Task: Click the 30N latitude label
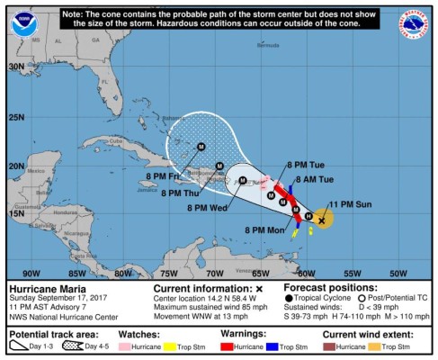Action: click(17, 67)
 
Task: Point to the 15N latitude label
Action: click(17, 213)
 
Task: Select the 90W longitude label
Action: click(31, 272)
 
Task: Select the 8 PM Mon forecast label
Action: click(264, 230)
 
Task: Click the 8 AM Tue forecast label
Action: click(315, 179)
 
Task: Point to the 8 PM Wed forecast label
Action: click(207, 208)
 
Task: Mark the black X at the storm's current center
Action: click(322, 219)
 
